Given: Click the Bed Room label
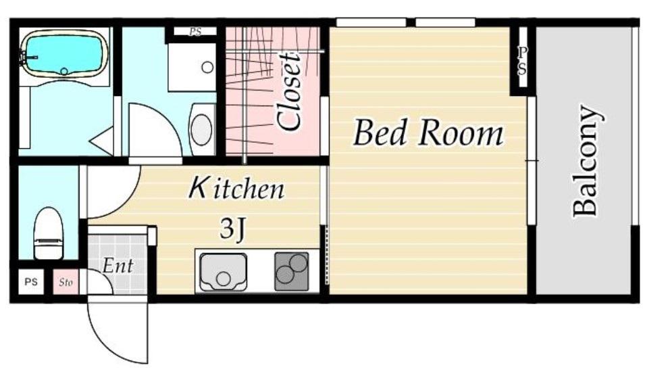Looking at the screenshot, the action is (x=428, y=133).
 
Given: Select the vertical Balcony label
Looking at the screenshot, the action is (x=588, y=161).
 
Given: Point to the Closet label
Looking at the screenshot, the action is (x=288, y=91).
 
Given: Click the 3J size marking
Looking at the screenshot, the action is (x=233, y=229).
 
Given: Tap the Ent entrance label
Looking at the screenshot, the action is (x=118, y=266).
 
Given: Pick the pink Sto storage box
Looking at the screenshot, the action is (x=66, y=282).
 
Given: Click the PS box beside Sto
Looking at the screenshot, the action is (x=31, y=282).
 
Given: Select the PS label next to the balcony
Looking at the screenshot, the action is (x=522, y=61).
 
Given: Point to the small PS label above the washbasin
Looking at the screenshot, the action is (x=196, y=32).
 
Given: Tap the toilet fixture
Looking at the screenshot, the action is (x=49, y=233).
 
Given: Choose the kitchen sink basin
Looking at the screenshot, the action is (x=224, y=273).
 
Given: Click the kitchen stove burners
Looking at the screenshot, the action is (x=291, y=271).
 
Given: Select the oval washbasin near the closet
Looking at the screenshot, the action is (x=201, y=129).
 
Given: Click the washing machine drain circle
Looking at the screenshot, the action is (x=207, y=67).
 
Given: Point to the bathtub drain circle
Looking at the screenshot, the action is (x=64, y=71).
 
